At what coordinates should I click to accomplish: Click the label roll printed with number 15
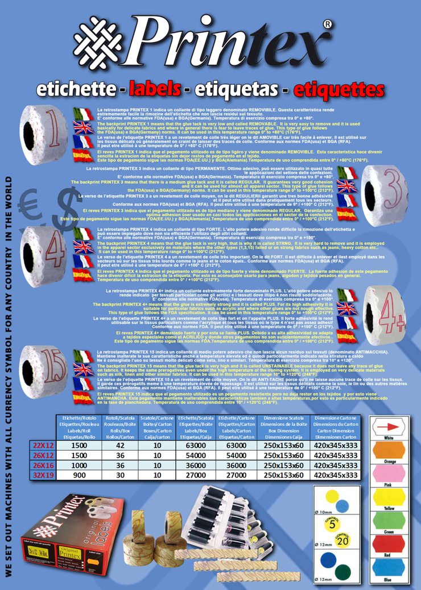pos(43,370)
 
